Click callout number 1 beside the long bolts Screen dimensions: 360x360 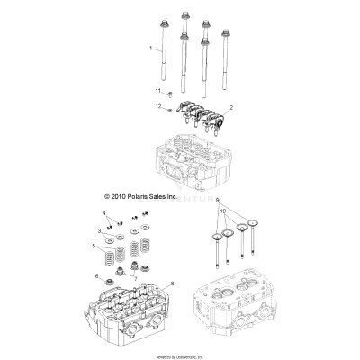[x=149, y=46]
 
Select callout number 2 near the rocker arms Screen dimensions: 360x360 [x=231, y=107]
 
